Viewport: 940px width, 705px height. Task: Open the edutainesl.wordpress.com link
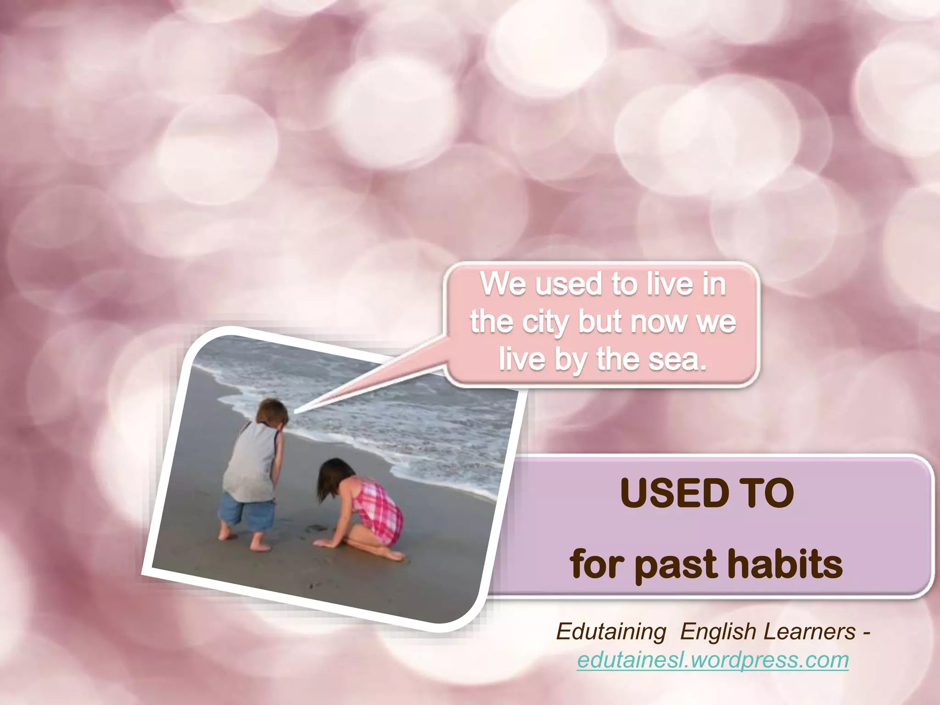click(x=713, y=660)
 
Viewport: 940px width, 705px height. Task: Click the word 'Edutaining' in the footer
click(x=611, y=632)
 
